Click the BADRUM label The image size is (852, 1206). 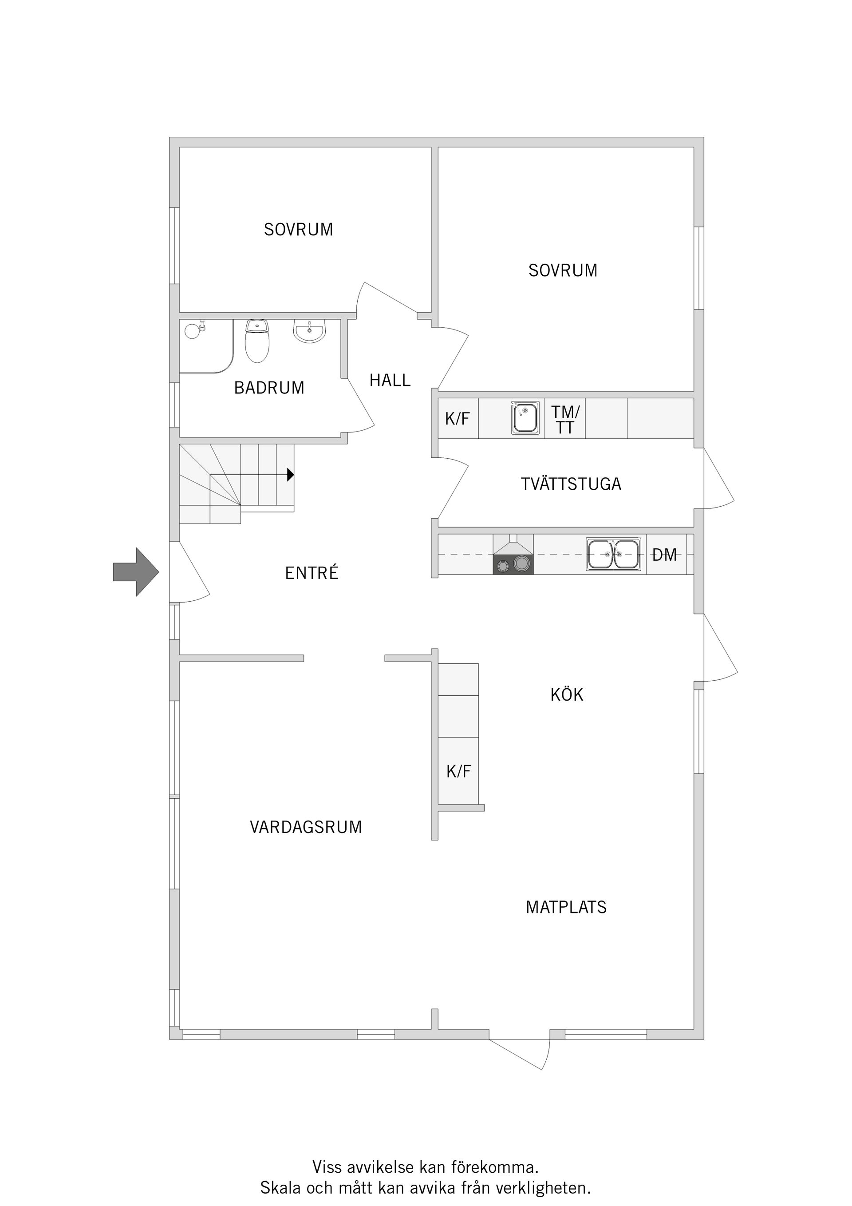pyautogui.click(x=269, y=388)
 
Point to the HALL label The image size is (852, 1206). pyautogui.click(x=390, y=380)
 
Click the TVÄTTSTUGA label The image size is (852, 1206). pyautogui.click(x=571, y=484)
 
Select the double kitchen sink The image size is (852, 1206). pyautogui.click(x=613, y=554)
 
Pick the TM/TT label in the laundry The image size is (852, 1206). pyautogui.click(x=565, y=420)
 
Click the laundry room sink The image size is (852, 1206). pyautogui.click(x=525, y=418)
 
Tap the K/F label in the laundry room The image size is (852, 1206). pyautogui.click(x=457, y=419)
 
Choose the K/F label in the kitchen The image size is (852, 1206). pyautogui.click(x=458, y=771)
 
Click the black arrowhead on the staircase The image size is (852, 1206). pyautogui.click(x=290, y=475)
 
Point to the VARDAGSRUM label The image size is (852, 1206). pyautogui.click(x=306, y=827)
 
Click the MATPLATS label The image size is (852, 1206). pyautogui.click(x=566, y=907)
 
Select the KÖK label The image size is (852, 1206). pyautogui.click(x=566, y=695)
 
